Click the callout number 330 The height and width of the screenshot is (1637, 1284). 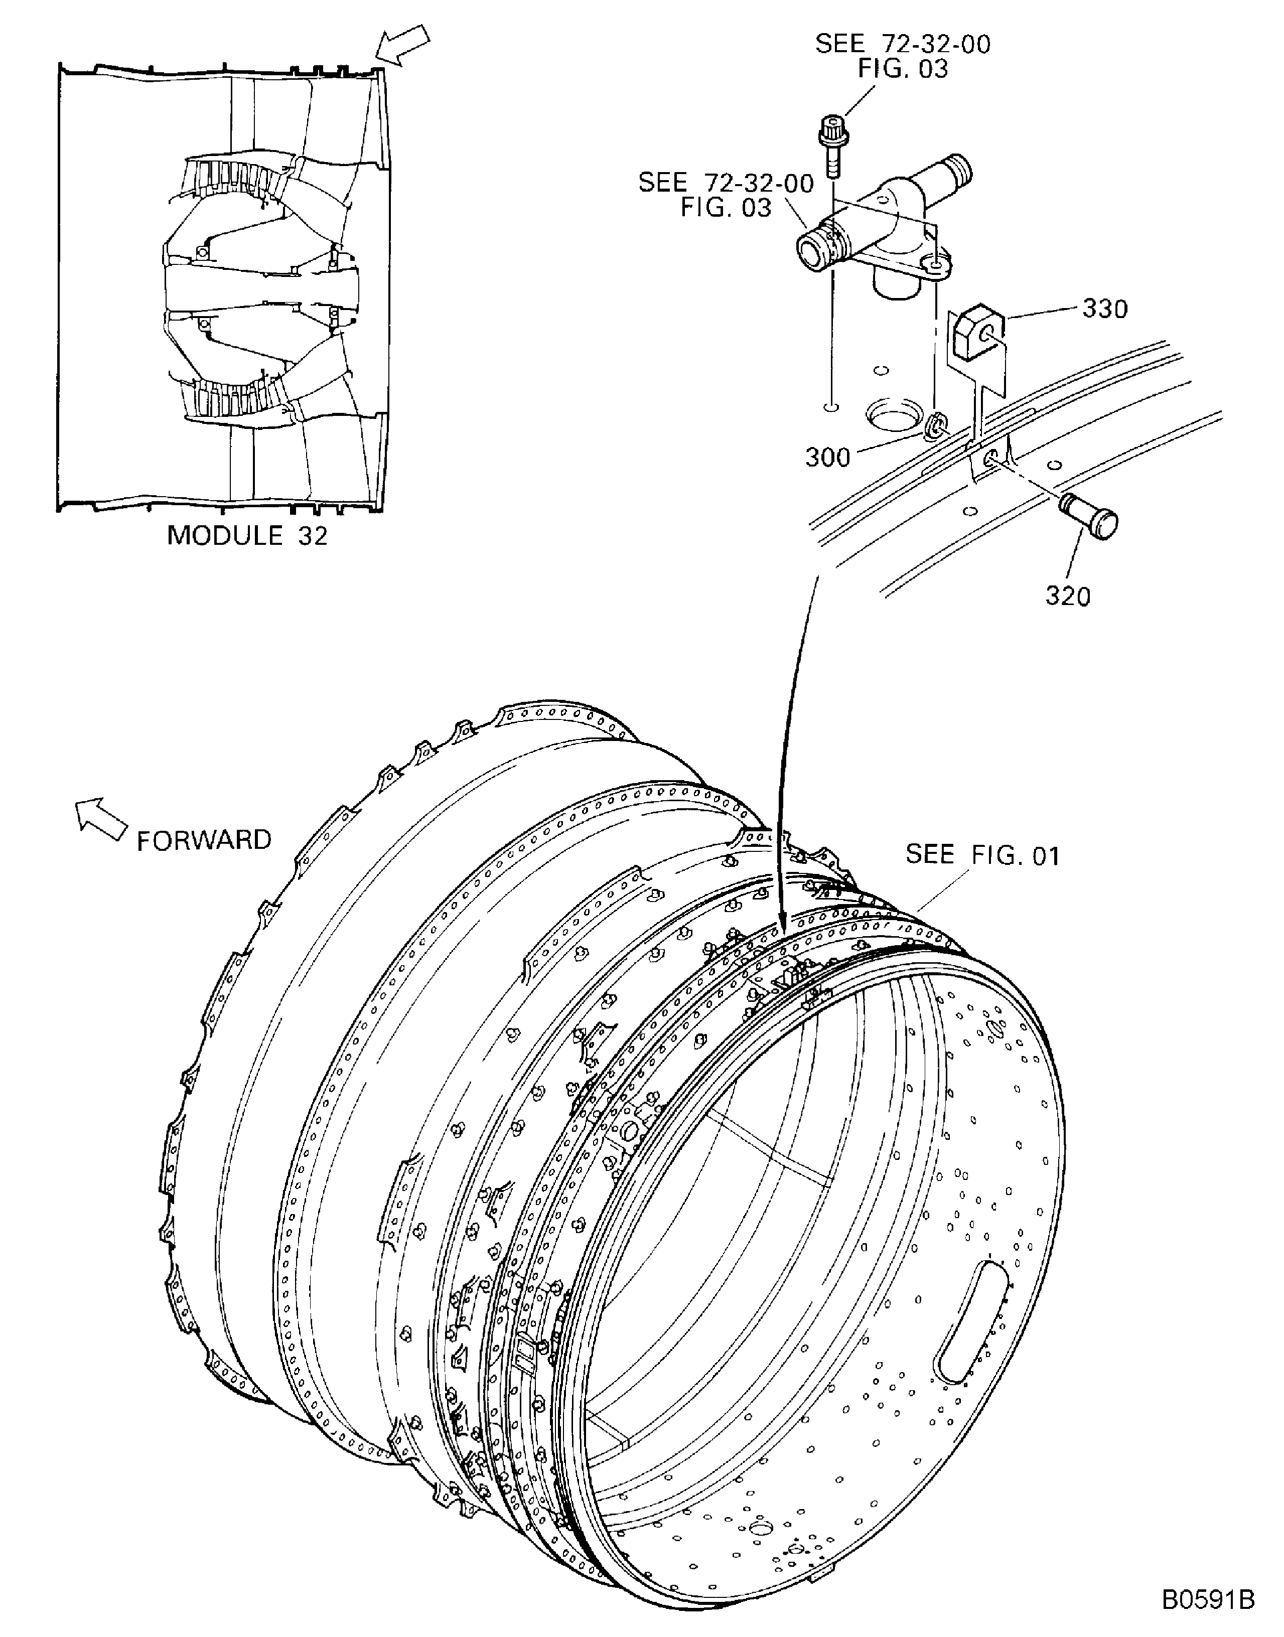[1104, 309]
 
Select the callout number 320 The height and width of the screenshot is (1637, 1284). [1068, 596]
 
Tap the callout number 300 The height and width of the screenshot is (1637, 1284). [828, 457]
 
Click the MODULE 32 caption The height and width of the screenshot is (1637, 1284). [247, 535]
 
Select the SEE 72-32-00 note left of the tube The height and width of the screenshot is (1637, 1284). [726, 194]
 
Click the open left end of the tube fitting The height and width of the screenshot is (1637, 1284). [810, 252]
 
